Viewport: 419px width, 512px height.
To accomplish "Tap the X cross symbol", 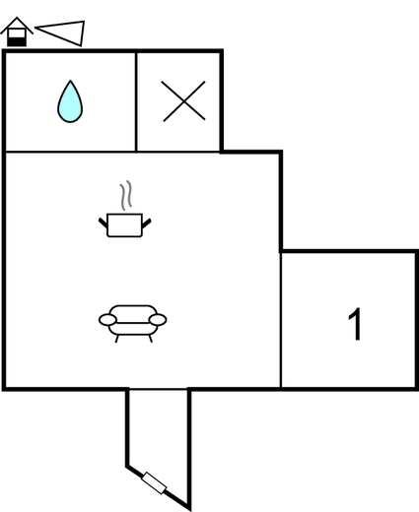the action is [x=184, y=101].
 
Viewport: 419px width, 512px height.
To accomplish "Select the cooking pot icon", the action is [x=125, y=224].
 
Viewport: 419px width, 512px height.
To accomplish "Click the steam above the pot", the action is [x=126, y=195].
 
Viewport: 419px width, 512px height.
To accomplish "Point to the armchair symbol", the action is [x=133, y=324].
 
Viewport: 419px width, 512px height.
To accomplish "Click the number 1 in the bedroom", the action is [x=356, y=324].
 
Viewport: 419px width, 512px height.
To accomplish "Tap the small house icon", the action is [x=17, y=32].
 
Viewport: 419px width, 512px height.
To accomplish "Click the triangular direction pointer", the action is [x=61, y=32].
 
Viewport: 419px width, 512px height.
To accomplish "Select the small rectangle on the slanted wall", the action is [x=154, y=483].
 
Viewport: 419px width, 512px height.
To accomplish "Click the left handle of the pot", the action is [x=103, y=223].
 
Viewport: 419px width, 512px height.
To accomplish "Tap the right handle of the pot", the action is [x=147, y=224].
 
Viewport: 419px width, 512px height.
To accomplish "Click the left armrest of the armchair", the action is [x=107, y=320].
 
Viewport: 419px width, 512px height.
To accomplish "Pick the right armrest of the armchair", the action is [x=158, y=320].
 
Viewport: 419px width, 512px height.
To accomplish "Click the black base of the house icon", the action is [x=17, y=41].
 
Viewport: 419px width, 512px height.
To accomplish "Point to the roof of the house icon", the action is [x=17, y=26].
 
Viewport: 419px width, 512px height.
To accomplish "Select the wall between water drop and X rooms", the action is [x=136, y=101].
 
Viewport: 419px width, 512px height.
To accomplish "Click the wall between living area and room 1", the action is [x=281, y=320].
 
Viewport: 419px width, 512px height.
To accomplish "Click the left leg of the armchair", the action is [x=116, y=339].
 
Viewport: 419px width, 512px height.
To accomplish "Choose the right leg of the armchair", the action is [x=151, y=339].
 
